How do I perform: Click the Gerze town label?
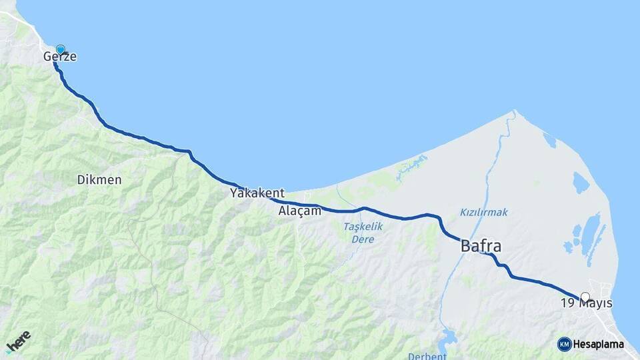60,57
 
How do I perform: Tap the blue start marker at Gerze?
61,49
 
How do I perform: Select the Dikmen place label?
99,179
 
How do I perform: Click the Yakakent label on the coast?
257,193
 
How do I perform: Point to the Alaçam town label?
300,211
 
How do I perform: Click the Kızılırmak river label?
483,212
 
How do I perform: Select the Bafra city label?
481,247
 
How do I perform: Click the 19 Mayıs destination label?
586,304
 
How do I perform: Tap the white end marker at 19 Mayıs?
585,297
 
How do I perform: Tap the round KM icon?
564,344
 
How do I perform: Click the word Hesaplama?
599,345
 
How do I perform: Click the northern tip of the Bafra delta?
515,111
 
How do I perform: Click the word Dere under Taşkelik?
363,238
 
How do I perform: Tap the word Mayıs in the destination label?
596,304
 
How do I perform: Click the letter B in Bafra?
466,247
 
